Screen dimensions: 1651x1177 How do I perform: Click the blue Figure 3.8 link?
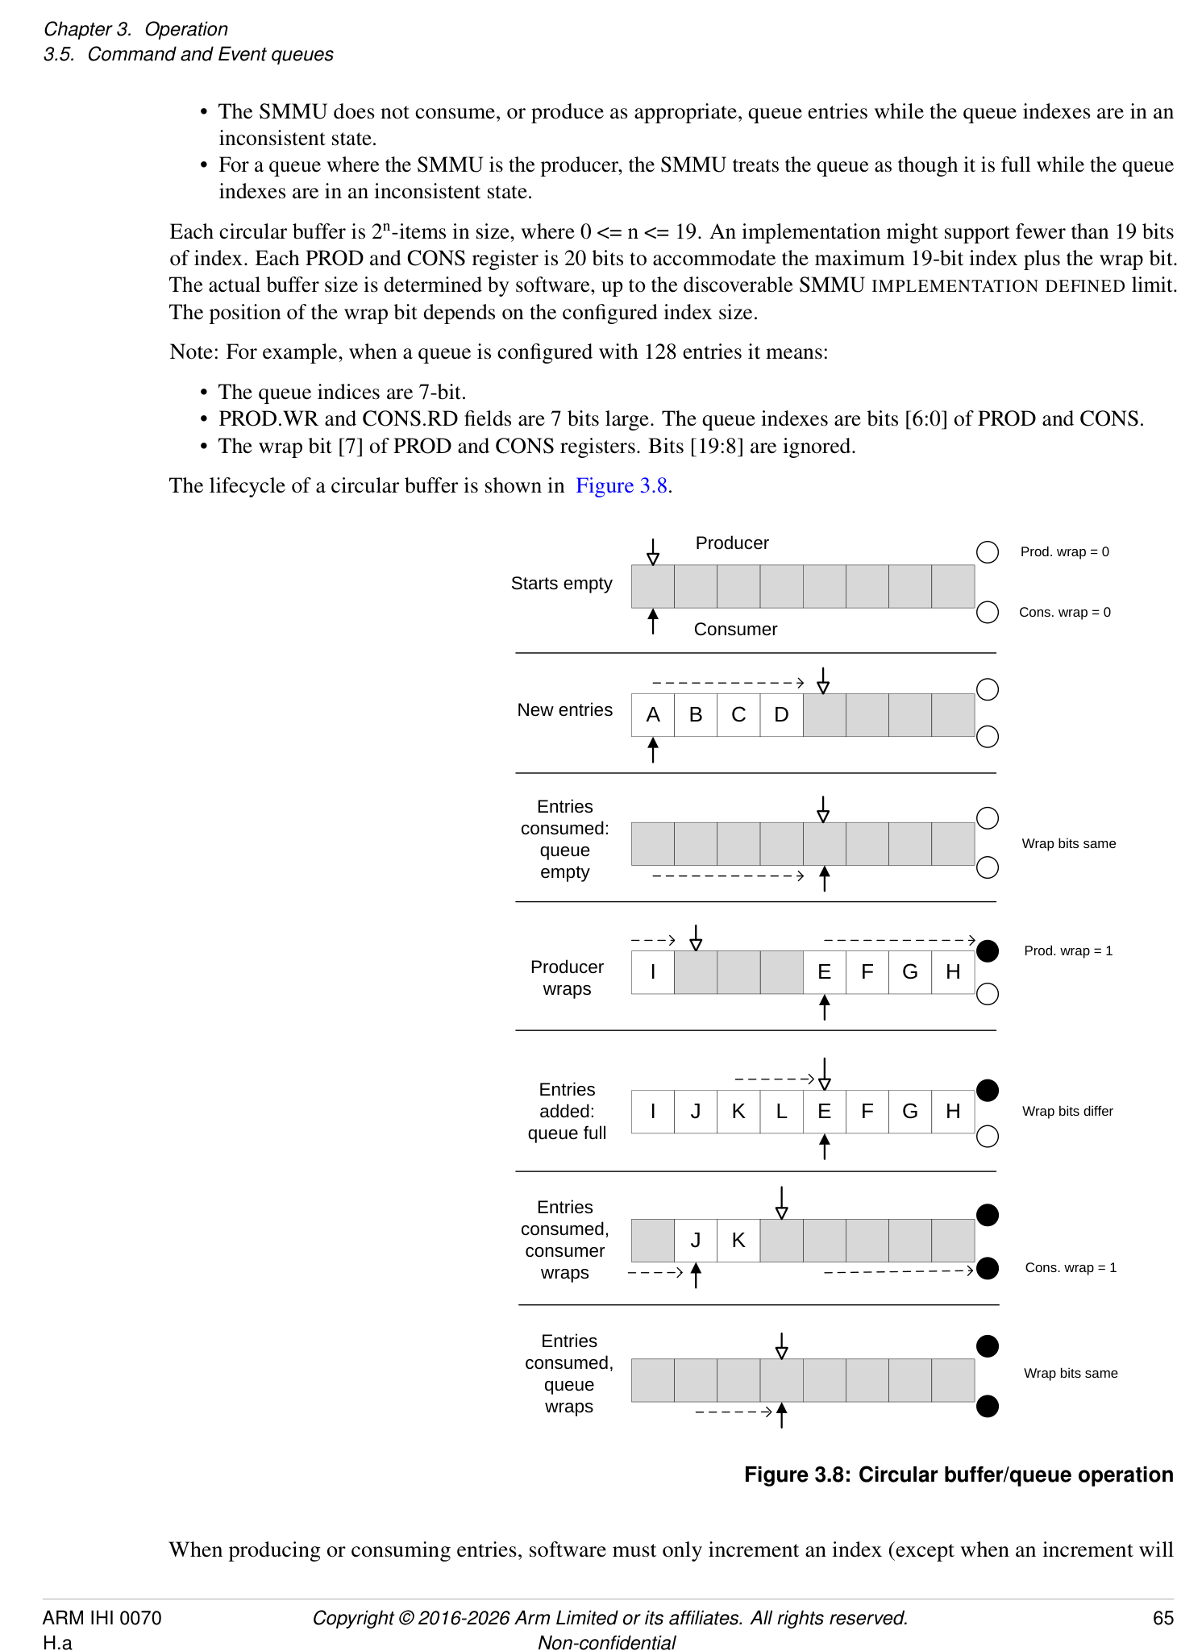point(622,486)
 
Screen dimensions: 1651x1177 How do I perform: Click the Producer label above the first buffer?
point(731,543)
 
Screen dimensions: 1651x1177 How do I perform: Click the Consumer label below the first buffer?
point(734,630)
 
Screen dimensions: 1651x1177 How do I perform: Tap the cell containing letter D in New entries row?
point(780,715)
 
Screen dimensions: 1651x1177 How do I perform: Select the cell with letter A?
point(653,715)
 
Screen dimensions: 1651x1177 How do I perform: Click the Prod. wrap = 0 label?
point(1063,552)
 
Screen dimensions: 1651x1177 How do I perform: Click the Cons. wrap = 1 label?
point(1070,1268)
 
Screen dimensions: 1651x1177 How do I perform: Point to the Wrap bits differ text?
point(1067,1112)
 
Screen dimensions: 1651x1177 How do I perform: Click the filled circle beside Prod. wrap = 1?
point(987,951)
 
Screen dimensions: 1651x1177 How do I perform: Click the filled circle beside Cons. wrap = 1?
point(987,1268)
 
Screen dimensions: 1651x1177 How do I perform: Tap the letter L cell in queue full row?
point(780,1112)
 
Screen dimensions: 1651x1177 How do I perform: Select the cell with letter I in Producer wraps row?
point(653,972)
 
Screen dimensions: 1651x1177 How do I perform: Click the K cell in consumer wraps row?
point(738,1241)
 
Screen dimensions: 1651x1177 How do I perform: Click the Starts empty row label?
point(561,584)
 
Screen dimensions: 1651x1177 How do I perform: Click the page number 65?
point(1162,1618)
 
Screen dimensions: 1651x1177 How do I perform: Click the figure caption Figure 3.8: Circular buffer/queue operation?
point(958,1474)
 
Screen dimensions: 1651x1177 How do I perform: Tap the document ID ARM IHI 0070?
point(102,1618)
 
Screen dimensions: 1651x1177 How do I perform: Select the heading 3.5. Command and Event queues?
point(188,55)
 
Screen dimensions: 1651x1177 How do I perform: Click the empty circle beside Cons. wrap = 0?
point(987,613)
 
